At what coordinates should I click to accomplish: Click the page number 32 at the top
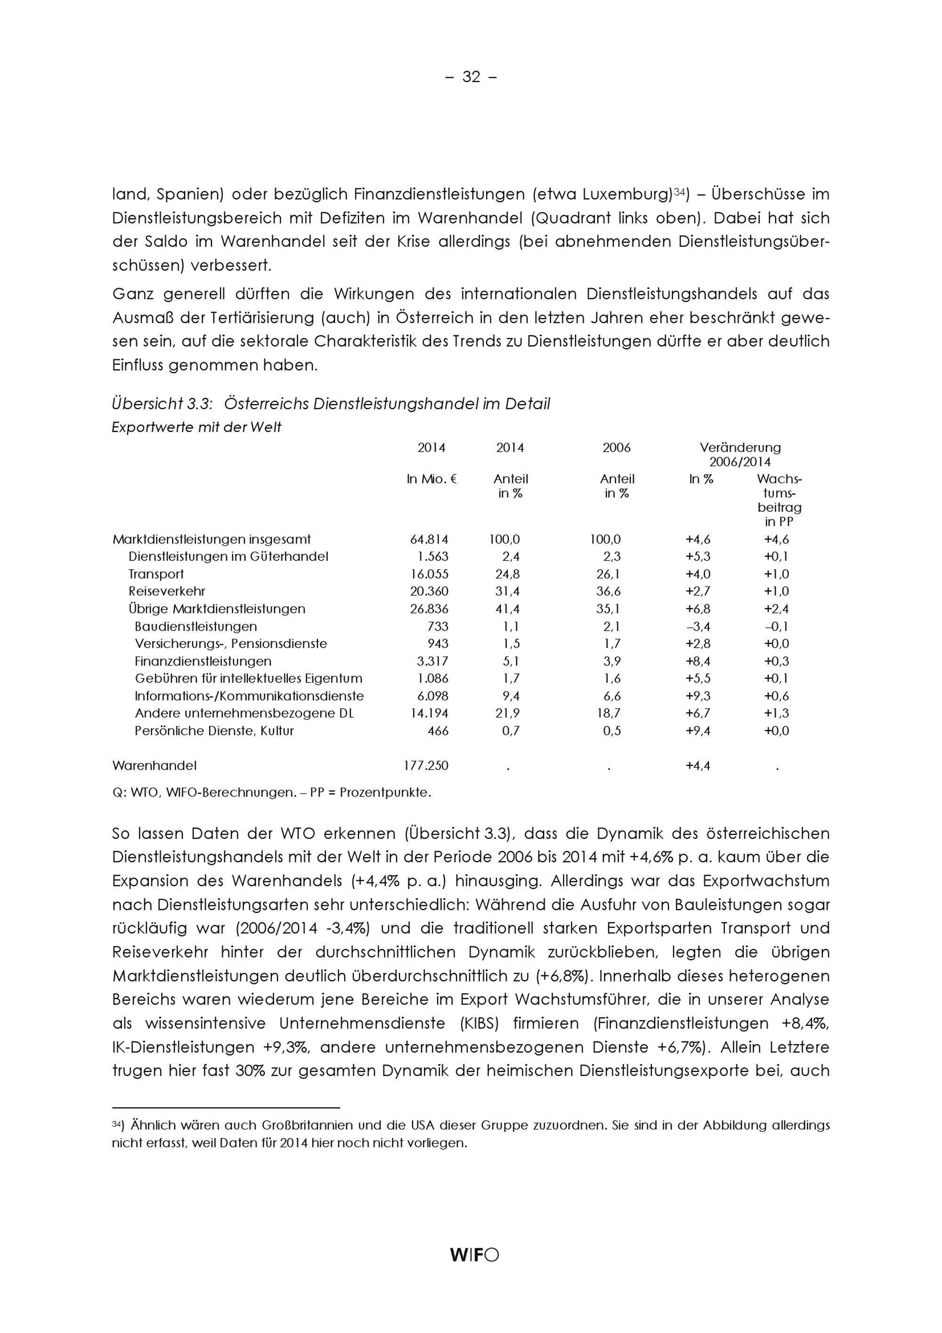tap(471, 77)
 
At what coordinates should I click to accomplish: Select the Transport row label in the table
tap(155, 574)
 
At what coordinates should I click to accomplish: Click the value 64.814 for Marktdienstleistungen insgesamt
tap(429, 539)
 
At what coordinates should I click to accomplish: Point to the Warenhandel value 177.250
tap(426, 766)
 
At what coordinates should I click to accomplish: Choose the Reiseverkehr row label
tap(167, 592)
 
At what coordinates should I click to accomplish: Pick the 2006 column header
tap(617, 447)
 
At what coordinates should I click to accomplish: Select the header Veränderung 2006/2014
tap(740, 455)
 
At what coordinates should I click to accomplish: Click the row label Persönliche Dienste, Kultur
tap(214, 731)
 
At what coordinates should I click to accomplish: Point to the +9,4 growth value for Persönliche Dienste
tap(698, 731)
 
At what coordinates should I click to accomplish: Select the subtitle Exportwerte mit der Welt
tap(196, 427)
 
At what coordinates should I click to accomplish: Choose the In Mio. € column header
tap(431, 479)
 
